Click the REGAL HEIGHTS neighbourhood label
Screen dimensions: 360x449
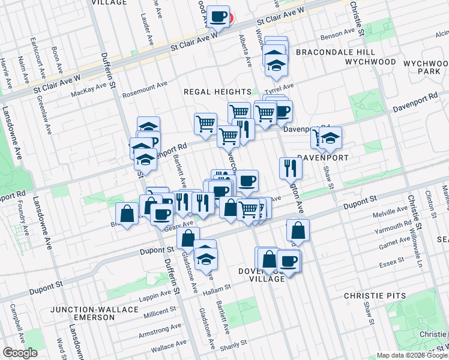pyautogui.click(x=217, y=91)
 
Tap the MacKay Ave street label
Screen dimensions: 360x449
pyautogui.click(x=92, y=90)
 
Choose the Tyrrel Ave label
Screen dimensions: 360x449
pyautogui.click(x=280, y=87)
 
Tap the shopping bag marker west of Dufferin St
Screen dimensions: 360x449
pyautogui.click(x=127, y=214)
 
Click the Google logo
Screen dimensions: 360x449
pyautogui.click(x=20, y=353)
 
